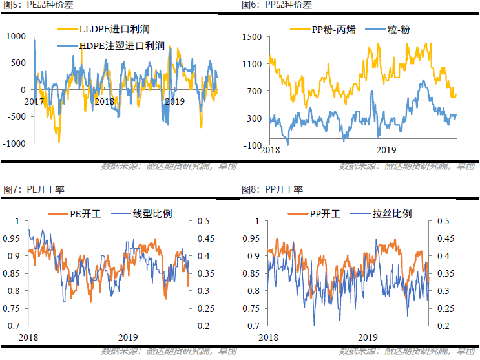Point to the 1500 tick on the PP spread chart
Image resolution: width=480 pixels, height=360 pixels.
click(252, 37)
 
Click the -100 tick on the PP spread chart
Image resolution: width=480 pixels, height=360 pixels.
click(253, 145)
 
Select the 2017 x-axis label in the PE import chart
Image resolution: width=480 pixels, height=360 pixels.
click(34, 101)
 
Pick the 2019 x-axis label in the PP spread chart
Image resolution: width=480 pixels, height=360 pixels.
click(386, 150)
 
